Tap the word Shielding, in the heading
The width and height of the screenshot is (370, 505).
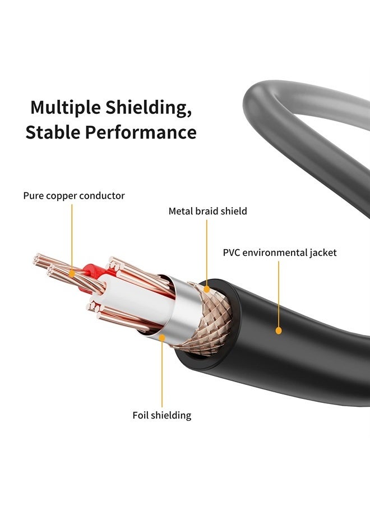coord(149,107)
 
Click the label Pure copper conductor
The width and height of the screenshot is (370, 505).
coord(74,196)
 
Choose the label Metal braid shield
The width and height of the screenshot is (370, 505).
coord(207,212)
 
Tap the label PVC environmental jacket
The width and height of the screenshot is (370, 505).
coord(280,252)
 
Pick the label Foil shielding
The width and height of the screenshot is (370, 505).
coord(161,415)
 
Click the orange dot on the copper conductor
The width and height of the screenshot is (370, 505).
coord(72,273)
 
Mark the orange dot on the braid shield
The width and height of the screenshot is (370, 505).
coord(207,290)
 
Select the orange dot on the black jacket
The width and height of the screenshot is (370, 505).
coord(279,331)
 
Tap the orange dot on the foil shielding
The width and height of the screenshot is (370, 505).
coord(162,338)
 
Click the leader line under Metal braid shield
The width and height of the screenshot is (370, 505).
coord(207,252)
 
